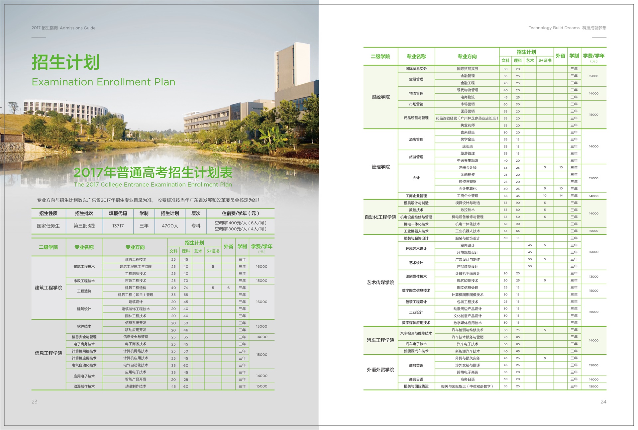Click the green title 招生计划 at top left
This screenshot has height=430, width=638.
[x=65, y=62]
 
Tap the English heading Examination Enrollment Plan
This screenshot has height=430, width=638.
[x=103, y=82]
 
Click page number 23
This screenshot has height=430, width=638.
[x=35, y=402]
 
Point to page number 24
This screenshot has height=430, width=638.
[x=603, y=402]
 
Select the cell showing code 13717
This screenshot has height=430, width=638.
[x=118, y=226]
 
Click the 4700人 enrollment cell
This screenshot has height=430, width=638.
[x=170, y=226]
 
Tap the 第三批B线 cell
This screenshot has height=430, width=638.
[x=84, y=226]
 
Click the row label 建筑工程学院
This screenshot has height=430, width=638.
[x=49, y=288]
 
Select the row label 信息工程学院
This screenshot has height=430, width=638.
[x=49, y=353]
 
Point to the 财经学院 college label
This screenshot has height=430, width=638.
[x=380, y=97]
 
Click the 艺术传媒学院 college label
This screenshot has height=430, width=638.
[x=380, y=282]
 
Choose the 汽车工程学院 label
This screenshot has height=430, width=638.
[x=380, y=340]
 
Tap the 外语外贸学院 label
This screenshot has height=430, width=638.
[x=380, y=370]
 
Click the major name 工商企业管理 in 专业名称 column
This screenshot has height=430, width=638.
[x=416, y=196]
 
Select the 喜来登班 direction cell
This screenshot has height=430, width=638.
[x=467, y=132]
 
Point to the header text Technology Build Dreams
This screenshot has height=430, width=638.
[x=554, y=28]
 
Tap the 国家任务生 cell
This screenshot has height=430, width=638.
[x=49, y=226]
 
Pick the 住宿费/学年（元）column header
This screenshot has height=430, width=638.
[x=240, y=214]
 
